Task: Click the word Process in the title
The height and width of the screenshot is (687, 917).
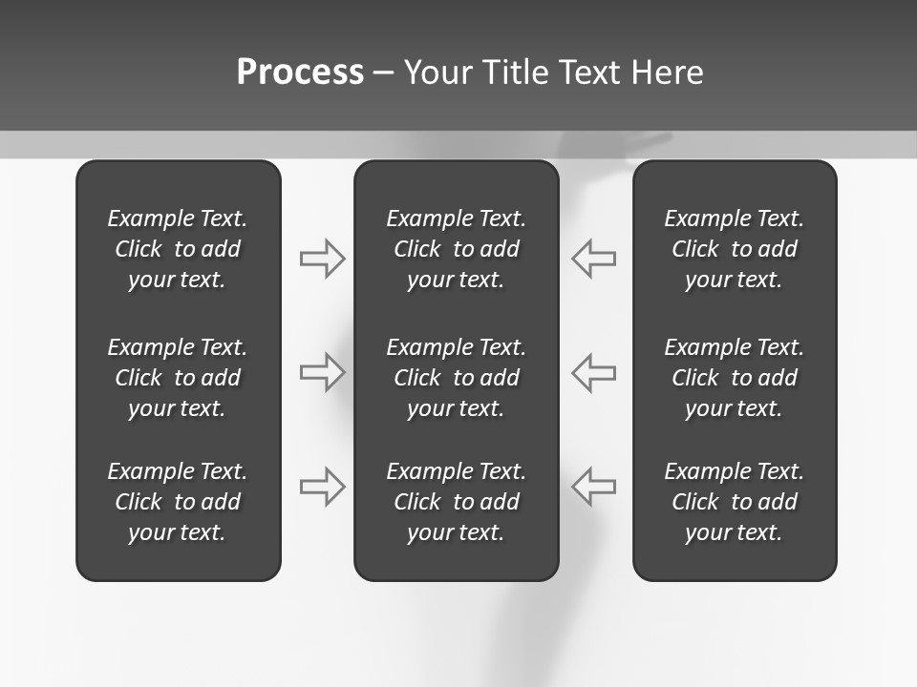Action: [300, 73]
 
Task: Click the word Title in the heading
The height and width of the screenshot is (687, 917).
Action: [516, 73]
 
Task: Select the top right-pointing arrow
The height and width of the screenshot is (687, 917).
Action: [323, 259]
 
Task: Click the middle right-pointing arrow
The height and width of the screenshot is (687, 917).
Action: [323, 372]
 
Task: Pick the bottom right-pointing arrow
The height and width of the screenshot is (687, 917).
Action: [323, 487]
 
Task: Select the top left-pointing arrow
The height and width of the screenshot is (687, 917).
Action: [593, 259]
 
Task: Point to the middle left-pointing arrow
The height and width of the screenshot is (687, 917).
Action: [593, 372]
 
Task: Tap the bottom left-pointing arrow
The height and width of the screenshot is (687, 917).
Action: [593, 487]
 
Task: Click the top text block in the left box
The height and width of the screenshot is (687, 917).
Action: [178, 249]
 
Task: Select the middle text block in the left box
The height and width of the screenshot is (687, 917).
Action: [178, 378]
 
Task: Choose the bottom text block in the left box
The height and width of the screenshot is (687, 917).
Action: [178, 502]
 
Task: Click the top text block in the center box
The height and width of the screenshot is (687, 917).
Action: [456, 249]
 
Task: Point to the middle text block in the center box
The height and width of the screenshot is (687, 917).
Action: [456, 378]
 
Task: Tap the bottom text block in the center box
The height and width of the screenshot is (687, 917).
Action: [456, 502]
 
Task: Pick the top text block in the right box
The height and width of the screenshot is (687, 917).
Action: [734, 249]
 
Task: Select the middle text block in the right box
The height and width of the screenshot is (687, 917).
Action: [734, 378]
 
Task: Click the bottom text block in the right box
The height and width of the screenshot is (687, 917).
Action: [734, 502]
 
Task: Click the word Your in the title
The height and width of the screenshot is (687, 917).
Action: [438, 73]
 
